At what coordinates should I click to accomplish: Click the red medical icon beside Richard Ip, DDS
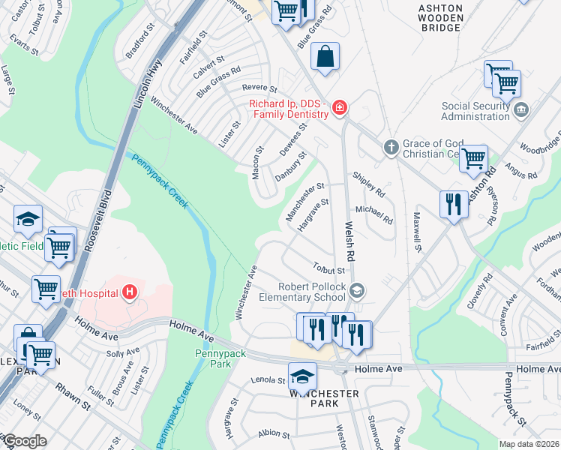(x=340, y=108)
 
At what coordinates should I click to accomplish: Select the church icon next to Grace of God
(x=391, y=148)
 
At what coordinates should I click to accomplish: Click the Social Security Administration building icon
(x=522, y=111)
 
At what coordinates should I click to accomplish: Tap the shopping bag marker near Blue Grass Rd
(x=325, y=57)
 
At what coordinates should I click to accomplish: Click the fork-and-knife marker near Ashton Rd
(x=453, y=204)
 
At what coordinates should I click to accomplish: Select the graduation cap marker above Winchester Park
(x=302, y=376)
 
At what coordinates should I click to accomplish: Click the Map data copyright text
(x=529, y=444)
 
